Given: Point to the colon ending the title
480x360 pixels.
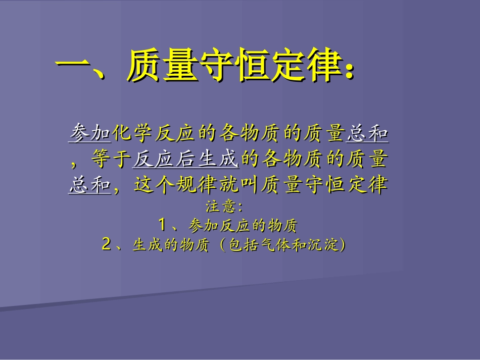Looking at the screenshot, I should pyautogui.click(x=348, y=71).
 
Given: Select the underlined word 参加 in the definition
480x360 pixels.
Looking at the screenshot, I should pyautogui.click(x=89, y=133).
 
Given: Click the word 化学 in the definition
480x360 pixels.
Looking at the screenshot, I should pyautogui.click(x=133, y=133).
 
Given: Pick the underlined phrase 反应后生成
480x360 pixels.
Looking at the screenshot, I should pyautogui.click(x=185, y=160).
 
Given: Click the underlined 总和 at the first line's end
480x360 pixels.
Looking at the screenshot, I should pyautogui.click(x=367, y=133).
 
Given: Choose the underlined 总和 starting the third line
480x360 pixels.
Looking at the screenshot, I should pyautogui.click(x=89, y=185).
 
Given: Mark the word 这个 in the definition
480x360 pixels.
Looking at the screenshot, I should pyautogui.click(x=154, y=185).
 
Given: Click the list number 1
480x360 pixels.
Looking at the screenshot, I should pyautogui.click(x=162, y=224).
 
